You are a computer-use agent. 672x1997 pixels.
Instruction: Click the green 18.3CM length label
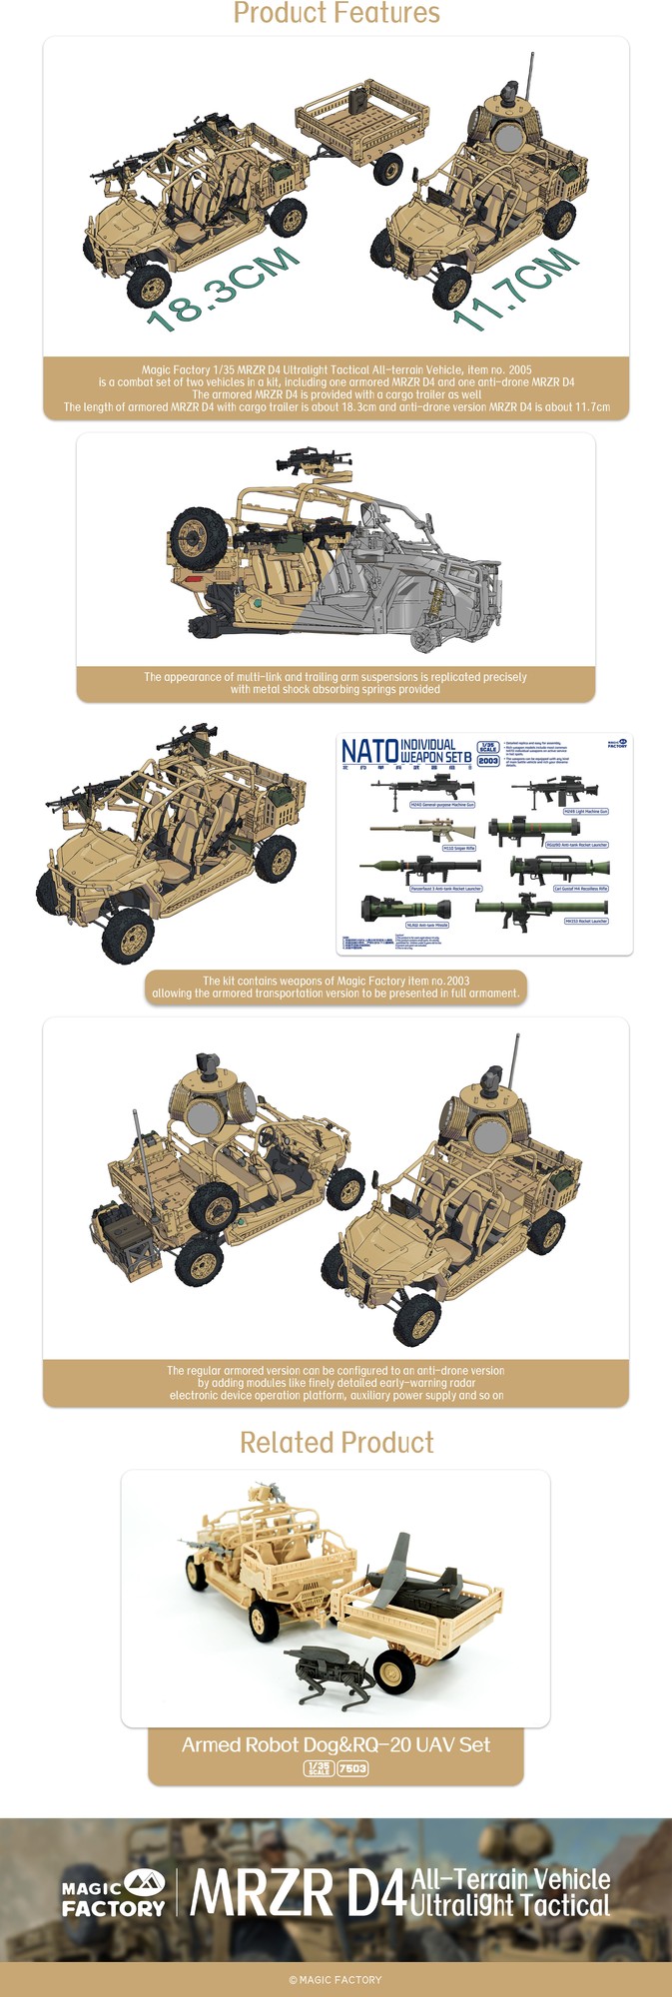pos(223,289)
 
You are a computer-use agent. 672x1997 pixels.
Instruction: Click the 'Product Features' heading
pos(336,14)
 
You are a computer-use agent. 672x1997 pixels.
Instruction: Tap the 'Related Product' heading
pos(336,1442)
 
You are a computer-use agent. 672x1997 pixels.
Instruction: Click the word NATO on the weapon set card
pos(369,752)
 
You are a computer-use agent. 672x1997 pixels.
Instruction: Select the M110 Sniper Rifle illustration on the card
pos(422,831)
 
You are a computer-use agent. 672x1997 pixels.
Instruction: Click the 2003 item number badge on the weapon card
pos(488,761)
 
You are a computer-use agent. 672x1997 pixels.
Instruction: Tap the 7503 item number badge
pos(352,1768)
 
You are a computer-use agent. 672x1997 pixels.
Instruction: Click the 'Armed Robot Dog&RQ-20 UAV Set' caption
pos(336,1744)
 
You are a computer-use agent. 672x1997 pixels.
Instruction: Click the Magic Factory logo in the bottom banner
pos(114,1893)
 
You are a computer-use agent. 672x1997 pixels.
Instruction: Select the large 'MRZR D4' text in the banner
pos(297,1893)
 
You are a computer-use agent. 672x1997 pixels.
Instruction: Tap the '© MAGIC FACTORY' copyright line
pos(336,1979)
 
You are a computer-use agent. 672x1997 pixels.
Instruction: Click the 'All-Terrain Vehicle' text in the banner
pos(510,1878)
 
